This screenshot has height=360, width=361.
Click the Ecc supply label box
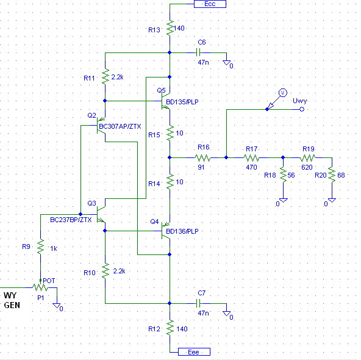click(x=210, y=4)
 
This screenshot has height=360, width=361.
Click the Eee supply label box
click(x=194, y=351)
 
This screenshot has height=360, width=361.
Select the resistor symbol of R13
click(x=170, y=28)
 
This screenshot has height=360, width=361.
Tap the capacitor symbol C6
click(x=198, y=52)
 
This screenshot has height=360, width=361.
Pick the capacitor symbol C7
click(x=198, y=303)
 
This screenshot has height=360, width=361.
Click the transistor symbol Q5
click(x=165, y=101)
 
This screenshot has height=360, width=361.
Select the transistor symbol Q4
click(x=165, y=231)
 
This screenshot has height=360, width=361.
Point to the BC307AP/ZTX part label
click(x=120, y=126)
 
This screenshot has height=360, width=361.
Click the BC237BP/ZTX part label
click(x=71, y=220)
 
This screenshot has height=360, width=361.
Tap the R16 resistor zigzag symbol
click(x=203, y=158)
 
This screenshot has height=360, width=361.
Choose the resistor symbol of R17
click(x=251, y=158)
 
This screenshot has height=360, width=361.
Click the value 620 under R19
click(x=307, y=167)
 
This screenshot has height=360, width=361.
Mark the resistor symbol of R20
click(x=332, y=175)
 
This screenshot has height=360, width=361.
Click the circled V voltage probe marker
click(x=283, y=93)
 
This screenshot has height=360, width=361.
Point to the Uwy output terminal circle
click(x=302, y=109)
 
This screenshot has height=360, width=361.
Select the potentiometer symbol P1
click(x=40, y=287)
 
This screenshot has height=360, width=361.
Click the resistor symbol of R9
click(x=40, y=247)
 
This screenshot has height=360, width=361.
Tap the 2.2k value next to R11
click(x=117, y=77)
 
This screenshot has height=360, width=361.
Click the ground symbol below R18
click(x=283, y=200)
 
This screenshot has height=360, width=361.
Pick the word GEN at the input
click(x=12, y=305)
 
